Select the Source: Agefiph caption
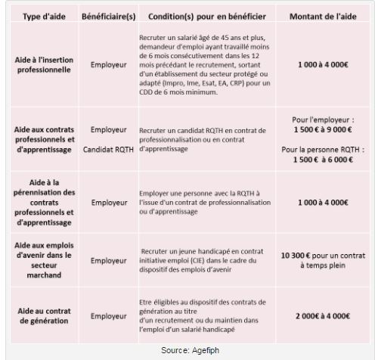click(x=188, y=350)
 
